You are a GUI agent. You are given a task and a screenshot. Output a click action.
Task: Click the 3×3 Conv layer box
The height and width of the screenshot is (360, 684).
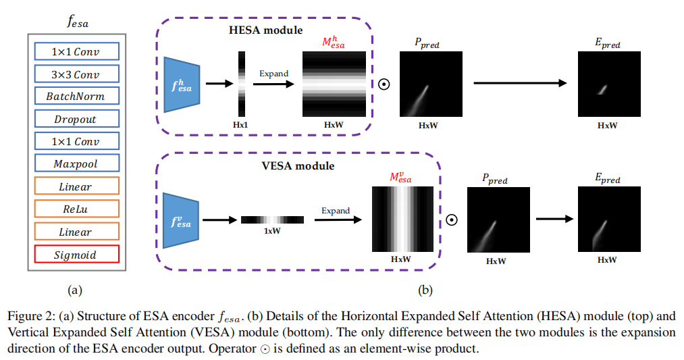77,74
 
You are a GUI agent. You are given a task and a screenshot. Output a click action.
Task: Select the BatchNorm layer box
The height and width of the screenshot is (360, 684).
77,96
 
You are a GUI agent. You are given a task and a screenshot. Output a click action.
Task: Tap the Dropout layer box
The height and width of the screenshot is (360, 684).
77,119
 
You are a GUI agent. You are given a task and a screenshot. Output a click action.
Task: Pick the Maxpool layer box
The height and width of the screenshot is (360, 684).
77,163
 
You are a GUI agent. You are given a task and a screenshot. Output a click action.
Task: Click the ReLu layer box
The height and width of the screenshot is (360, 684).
77,209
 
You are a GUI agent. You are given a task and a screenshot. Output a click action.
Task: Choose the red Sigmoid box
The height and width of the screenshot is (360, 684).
77,254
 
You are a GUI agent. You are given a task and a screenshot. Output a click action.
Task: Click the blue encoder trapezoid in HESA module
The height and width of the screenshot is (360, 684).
182,84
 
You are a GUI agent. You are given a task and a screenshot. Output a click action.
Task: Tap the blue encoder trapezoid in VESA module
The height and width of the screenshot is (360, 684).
181,220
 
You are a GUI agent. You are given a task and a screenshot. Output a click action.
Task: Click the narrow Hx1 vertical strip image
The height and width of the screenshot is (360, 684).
242,84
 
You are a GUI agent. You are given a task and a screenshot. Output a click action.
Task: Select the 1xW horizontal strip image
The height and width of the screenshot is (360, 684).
272,220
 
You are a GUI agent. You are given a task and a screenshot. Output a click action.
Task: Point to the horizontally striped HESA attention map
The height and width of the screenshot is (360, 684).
334,84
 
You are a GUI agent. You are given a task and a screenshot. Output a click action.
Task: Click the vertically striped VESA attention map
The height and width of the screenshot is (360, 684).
402,219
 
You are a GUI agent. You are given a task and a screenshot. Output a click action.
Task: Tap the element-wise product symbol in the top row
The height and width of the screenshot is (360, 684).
384,84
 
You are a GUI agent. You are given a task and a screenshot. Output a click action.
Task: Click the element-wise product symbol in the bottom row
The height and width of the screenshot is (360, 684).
452,220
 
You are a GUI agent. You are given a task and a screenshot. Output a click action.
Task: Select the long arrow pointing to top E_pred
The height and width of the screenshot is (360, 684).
520,83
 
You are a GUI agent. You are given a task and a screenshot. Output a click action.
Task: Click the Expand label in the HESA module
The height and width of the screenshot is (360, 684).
273,74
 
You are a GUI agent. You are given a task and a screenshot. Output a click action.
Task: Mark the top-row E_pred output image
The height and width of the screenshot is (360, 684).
610,84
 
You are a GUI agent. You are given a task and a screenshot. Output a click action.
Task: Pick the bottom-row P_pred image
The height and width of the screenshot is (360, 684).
498,220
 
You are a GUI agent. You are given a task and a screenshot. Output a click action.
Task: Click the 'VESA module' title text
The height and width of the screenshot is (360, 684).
298,166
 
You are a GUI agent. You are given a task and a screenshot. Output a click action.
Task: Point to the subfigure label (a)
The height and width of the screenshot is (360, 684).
75,290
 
